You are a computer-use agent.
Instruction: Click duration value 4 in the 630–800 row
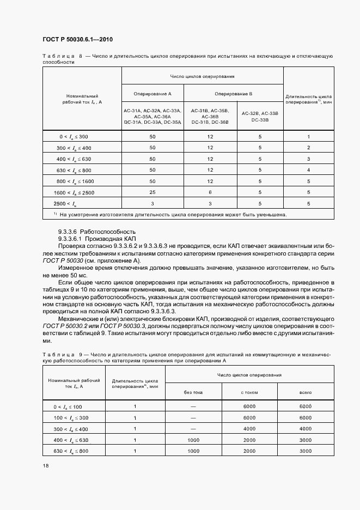(308, 170)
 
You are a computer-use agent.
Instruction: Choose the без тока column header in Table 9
(193, 392)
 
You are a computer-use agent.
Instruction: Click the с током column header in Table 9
(249, 392)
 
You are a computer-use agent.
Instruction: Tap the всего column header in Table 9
(306, 392)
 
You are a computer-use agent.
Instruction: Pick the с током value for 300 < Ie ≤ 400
(249, 429)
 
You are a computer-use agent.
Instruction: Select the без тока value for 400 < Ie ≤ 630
(193, 440)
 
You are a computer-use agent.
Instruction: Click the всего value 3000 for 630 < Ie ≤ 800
(306, 451)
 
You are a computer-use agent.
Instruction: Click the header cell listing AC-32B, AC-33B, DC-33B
(260, 116)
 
